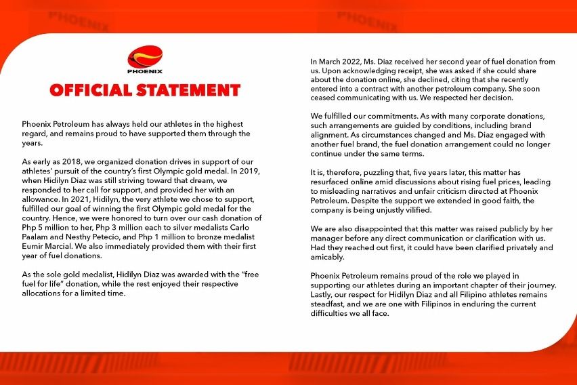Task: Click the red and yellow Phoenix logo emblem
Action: tap(144, 56)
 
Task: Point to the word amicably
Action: tap(327, 258)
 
